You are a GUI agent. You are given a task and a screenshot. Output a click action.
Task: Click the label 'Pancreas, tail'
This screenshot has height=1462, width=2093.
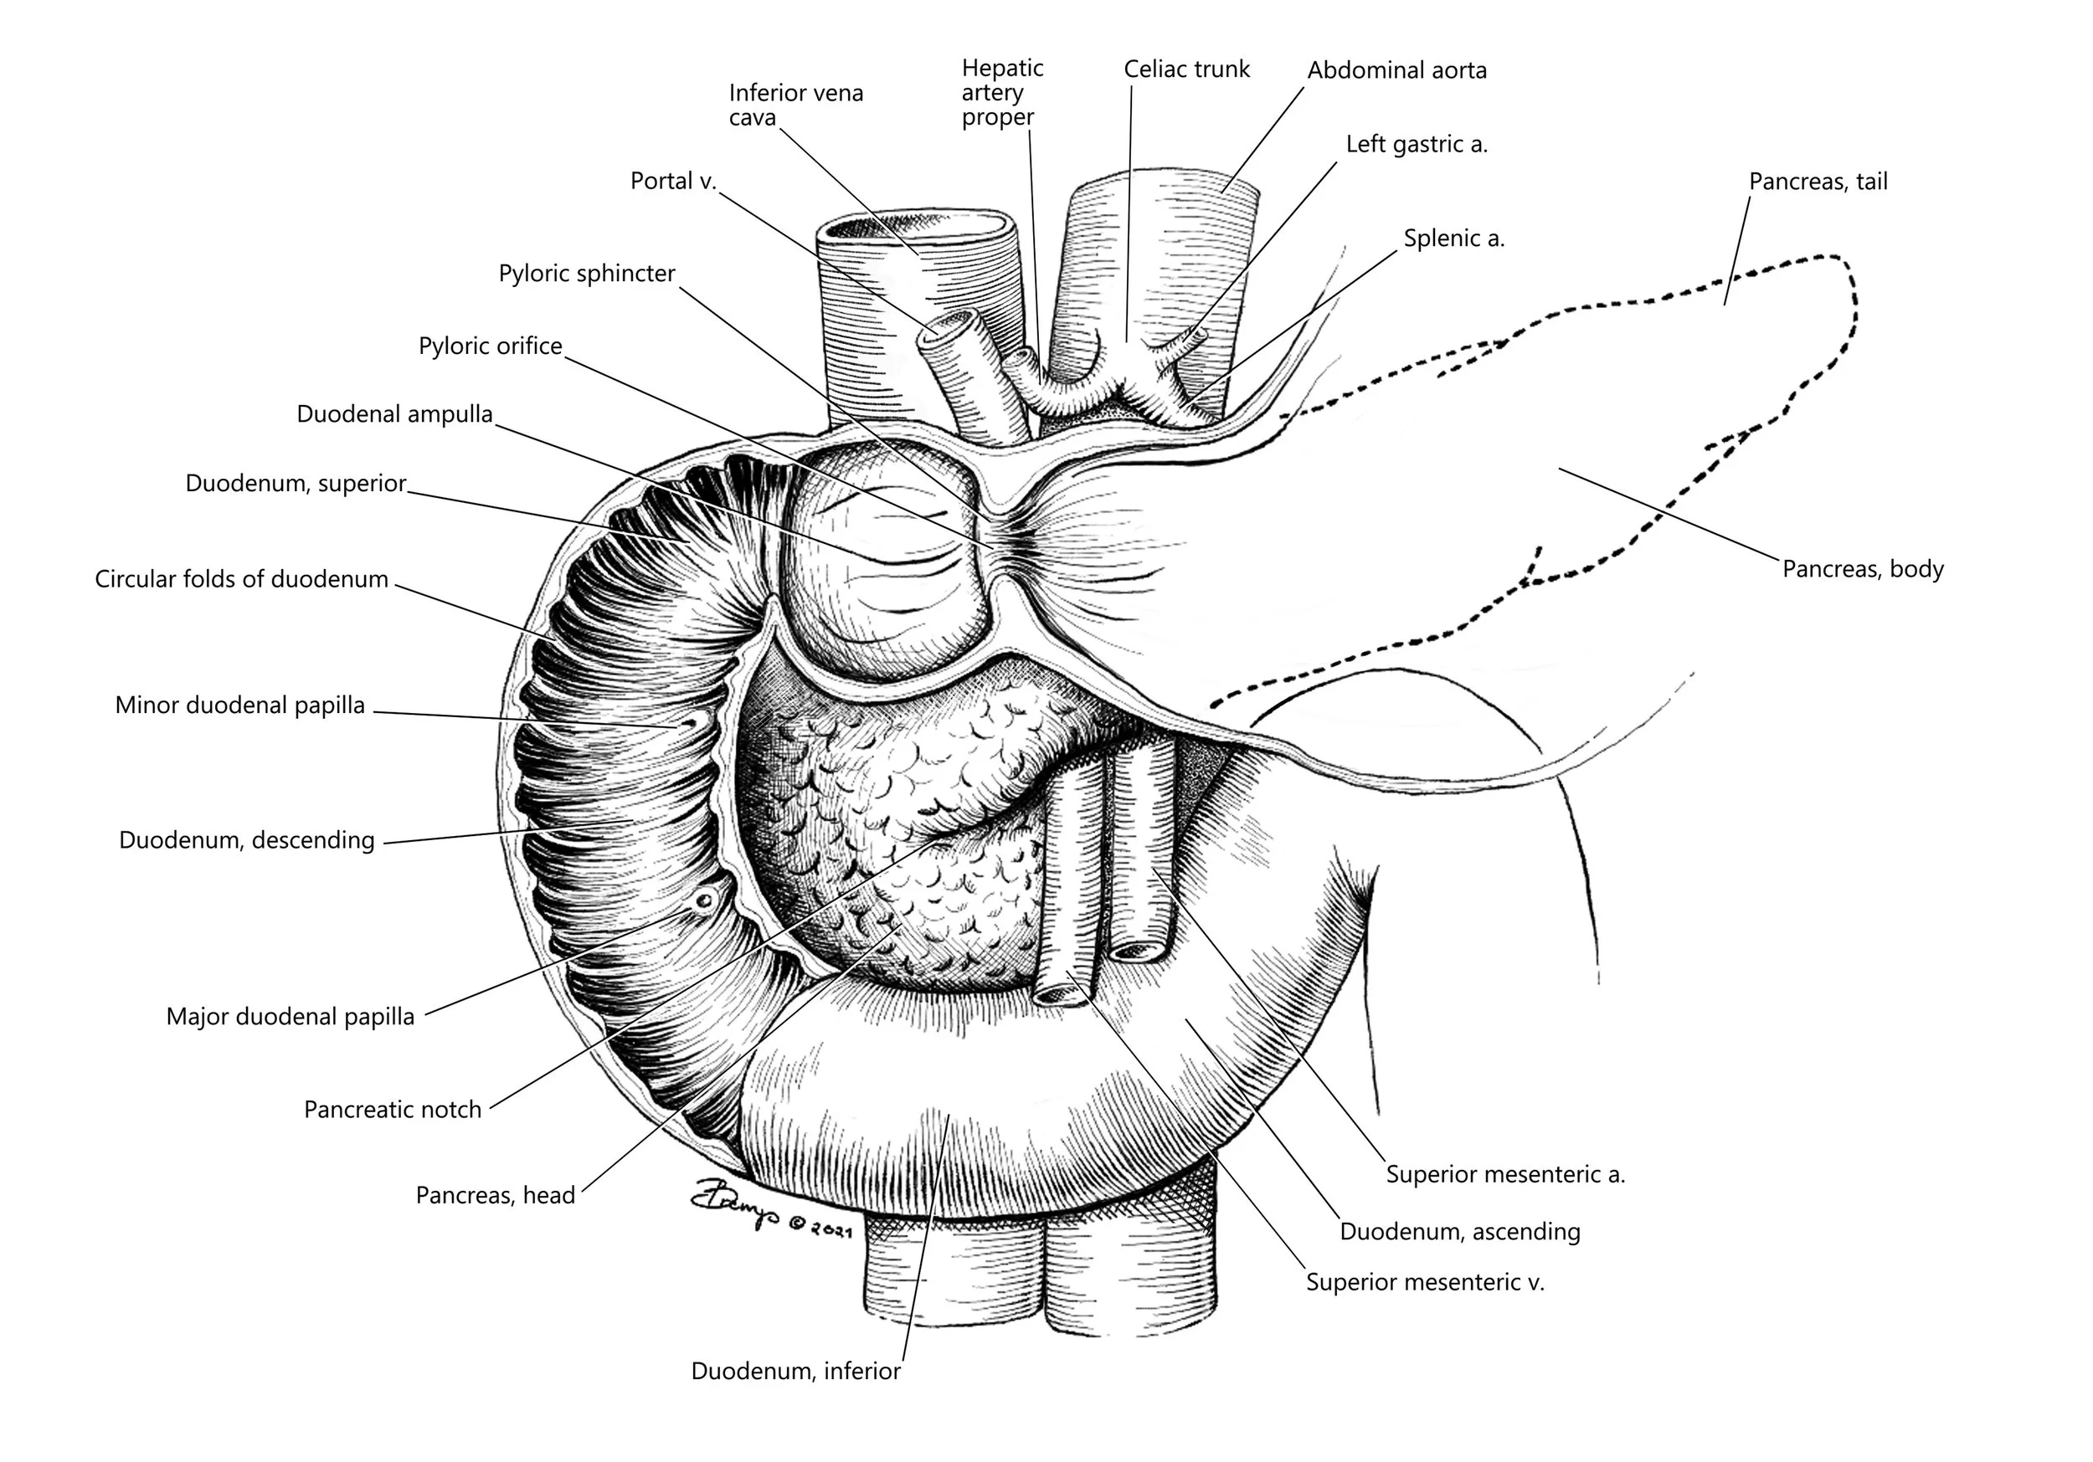click(x=1818, y=182)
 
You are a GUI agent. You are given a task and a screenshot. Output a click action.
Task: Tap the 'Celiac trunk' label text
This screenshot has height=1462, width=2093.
click(x=1186, y=69)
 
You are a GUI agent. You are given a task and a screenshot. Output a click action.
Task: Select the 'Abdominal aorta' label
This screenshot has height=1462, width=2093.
click(x=1396, y=70)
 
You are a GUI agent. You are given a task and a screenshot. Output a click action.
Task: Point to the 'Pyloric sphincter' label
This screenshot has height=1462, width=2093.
click(x=586, y=274)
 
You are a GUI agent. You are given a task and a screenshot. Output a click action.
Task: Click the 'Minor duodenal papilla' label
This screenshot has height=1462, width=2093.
click(x=239, y=705)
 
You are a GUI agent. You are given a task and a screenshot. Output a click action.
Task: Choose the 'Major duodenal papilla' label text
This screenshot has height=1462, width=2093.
click(x=290, y=1016)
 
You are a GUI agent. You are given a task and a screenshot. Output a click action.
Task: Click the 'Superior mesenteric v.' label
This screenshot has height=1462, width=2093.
click(x=1425, y=1282)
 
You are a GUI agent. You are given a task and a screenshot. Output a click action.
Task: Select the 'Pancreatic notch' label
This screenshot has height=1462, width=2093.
click(x=392, y=1109)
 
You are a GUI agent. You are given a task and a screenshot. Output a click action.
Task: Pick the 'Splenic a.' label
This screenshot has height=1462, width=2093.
click(x=1454, y=239)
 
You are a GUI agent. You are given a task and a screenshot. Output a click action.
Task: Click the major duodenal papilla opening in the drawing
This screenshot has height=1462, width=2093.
click(x=704, y=900)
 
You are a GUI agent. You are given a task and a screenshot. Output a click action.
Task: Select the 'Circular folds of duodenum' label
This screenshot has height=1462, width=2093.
click(x=242, y=580)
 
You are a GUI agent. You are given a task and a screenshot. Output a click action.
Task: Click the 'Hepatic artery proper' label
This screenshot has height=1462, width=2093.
click(x=1001, y=93)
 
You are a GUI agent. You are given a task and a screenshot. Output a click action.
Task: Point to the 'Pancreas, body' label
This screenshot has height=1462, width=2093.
click(x=1863, y=570)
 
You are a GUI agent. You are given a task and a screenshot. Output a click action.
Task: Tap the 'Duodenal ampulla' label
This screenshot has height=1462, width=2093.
click(x=393, y=415)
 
